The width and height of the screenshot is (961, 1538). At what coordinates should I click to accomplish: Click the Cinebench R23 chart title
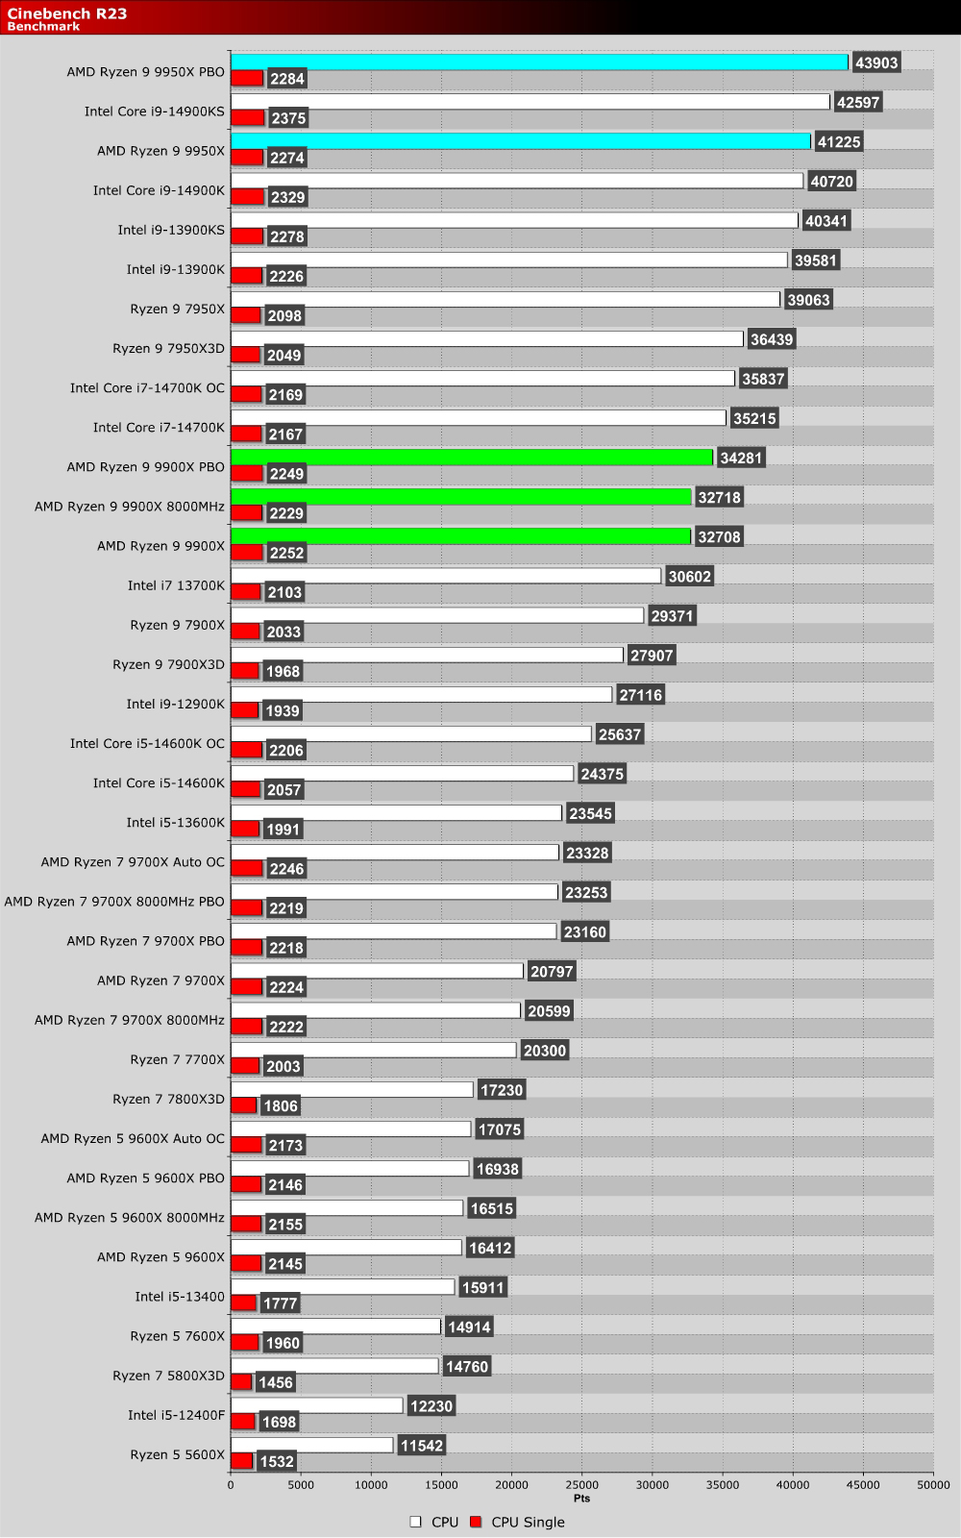[67, 13]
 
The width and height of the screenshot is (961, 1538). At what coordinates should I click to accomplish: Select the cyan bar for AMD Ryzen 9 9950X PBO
[538, 62]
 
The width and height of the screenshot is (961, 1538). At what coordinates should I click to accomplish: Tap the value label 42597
[857, 102]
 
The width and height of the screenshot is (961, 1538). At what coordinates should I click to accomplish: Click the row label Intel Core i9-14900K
[159, 190]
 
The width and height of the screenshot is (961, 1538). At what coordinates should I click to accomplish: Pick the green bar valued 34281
[471, 458]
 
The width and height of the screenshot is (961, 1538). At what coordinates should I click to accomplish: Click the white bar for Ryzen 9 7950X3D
[486, 339]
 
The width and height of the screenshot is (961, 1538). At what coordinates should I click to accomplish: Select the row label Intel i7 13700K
[176, 585]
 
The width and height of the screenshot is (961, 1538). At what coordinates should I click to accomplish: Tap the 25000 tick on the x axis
[581, 1484]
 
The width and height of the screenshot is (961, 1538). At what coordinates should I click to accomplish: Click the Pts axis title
[581, 1498]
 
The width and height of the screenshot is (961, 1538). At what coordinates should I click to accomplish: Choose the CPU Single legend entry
[528, 1522]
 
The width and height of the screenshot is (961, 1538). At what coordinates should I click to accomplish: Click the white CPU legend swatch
[416, 1522]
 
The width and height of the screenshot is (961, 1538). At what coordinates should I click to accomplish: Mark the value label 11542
[422, 1445]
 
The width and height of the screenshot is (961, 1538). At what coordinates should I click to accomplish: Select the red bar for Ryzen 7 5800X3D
[241, 1382]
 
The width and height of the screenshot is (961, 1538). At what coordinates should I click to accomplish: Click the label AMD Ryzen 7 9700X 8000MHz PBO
[114, 902]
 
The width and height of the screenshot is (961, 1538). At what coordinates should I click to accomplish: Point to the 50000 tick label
[932, 1484]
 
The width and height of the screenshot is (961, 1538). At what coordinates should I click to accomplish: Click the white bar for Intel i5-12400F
[316, 1405]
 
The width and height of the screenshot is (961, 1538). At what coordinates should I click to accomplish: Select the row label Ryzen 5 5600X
[177, 1454]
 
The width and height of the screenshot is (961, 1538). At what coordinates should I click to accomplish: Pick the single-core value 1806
[281, 1105]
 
